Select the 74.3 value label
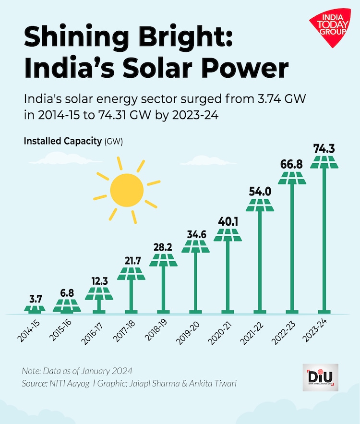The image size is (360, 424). tap(324, 149)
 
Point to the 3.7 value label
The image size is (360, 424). tap(35, 299)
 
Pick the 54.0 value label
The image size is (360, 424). tap(260, 192)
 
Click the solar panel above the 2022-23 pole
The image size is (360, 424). tap(292, 177)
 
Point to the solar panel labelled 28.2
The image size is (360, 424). tap(163, 260)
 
